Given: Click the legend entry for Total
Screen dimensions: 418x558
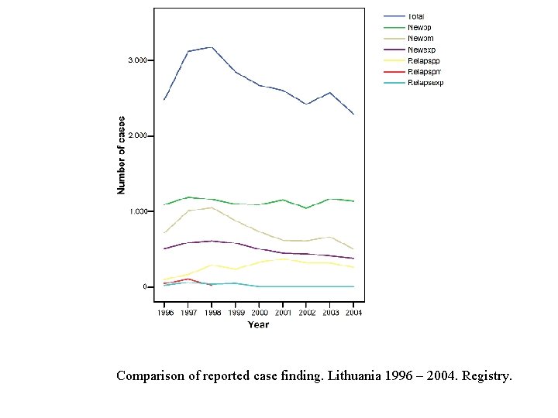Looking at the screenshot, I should (416, 16).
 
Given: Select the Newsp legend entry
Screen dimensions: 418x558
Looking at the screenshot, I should (419, 27).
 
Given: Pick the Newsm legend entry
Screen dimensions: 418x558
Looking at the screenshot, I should (420, 38).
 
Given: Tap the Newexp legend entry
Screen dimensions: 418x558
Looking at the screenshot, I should (422, 50).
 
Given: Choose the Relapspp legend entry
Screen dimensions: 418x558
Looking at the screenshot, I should (423, 60).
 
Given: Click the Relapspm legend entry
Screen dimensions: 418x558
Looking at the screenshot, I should (424, 71).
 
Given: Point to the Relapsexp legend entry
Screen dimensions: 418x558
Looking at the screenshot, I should (425, 83).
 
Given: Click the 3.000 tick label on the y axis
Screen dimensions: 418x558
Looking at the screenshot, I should (137, 60).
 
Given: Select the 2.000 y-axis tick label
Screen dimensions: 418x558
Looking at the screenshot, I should (137, 135).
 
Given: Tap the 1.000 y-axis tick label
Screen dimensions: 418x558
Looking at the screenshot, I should (137, 211).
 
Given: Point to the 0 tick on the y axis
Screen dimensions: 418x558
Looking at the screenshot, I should (144, 286).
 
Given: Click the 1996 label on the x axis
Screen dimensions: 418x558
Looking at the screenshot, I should (165, 313).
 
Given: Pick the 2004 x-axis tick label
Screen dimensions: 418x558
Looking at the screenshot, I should (353, 313).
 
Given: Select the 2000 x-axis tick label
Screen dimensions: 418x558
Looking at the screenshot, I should (259, 313).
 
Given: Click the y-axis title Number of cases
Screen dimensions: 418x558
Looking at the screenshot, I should (121, 156).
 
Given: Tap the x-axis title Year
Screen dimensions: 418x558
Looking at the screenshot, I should (258, 324).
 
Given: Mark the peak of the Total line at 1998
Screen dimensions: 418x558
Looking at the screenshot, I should (212, 47).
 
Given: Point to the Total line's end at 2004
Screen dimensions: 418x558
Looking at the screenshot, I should (353, 114).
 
